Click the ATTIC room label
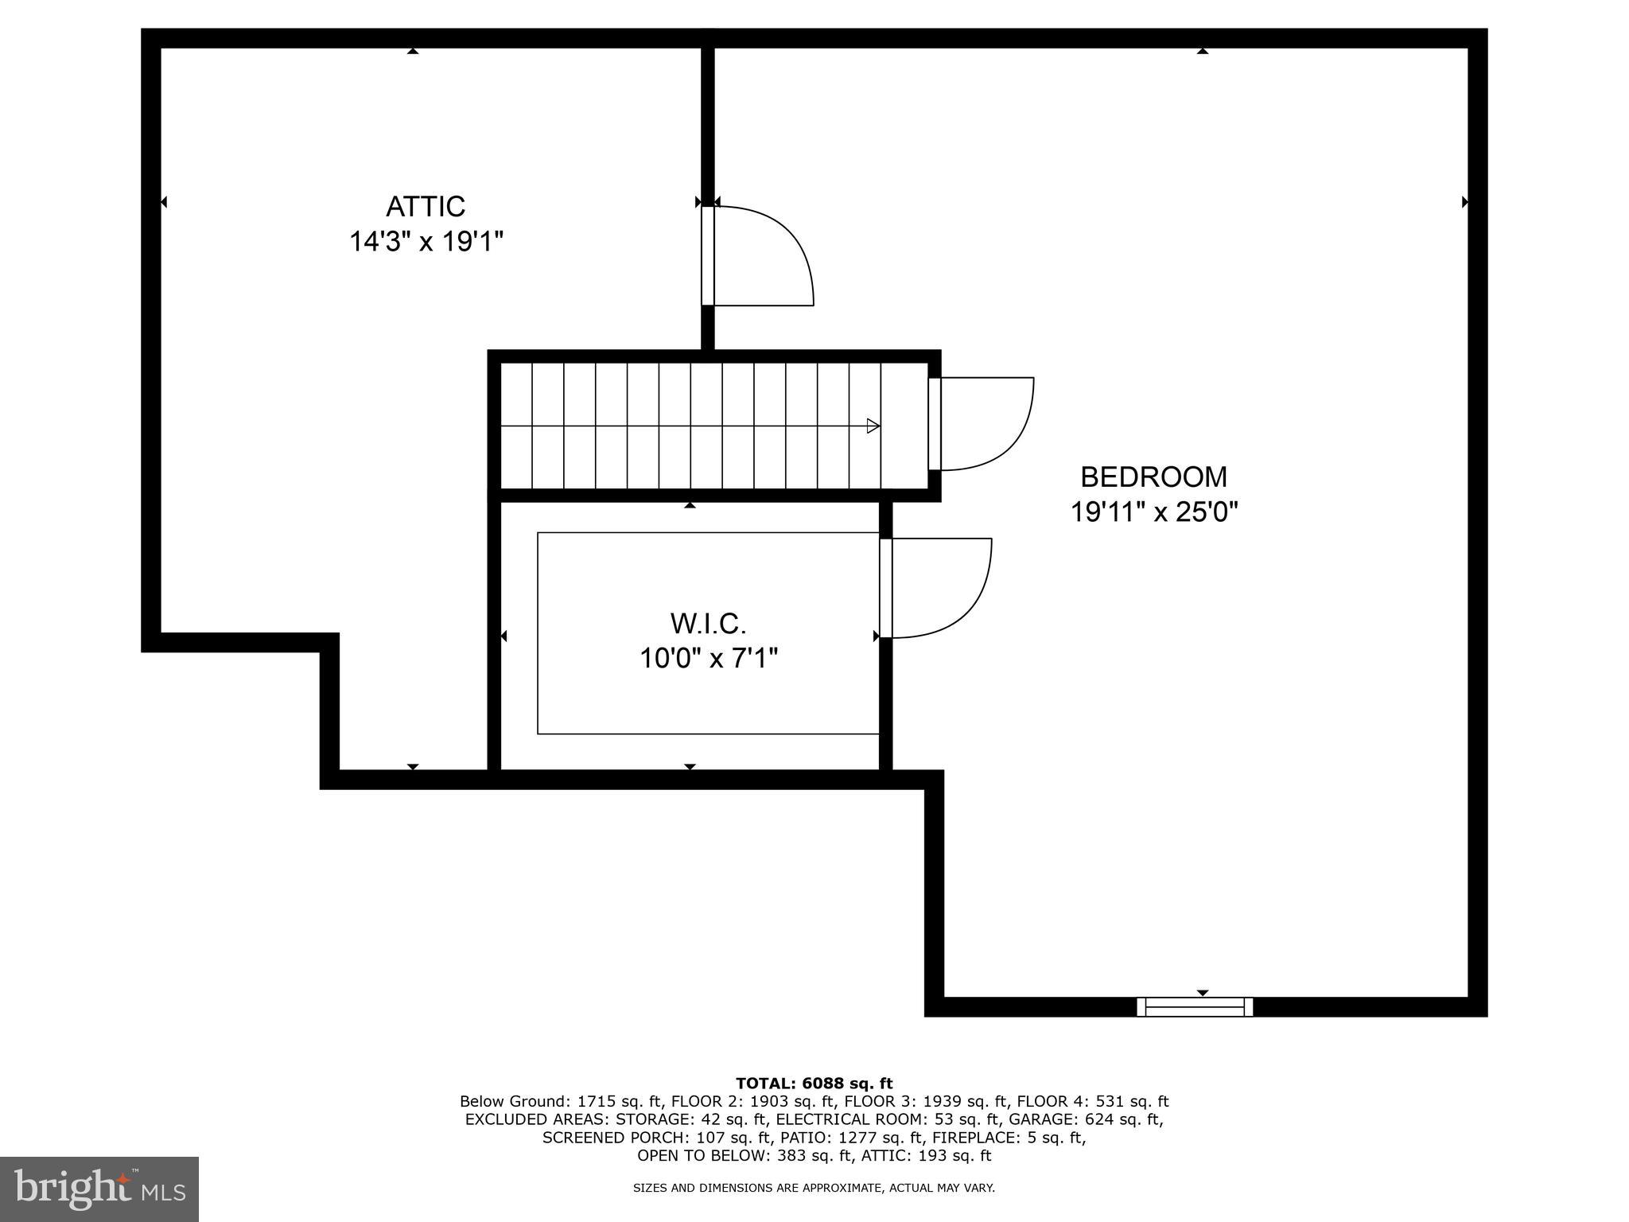pos(426,207)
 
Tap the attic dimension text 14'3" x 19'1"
pos(426,241)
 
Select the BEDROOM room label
pos(1153,477)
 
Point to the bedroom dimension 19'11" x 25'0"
pos(1153,512)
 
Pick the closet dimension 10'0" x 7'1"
pos(708,659)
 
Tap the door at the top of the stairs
pos(982,423)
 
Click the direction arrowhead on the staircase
pos(873,426)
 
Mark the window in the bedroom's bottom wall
pos(1195,1007)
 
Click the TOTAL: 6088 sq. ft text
pos(814,1084)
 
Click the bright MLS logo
pos(99,1189)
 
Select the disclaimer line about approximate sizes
pos(814,1188)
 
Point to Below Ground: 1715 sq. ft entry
pos(561,1102)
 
